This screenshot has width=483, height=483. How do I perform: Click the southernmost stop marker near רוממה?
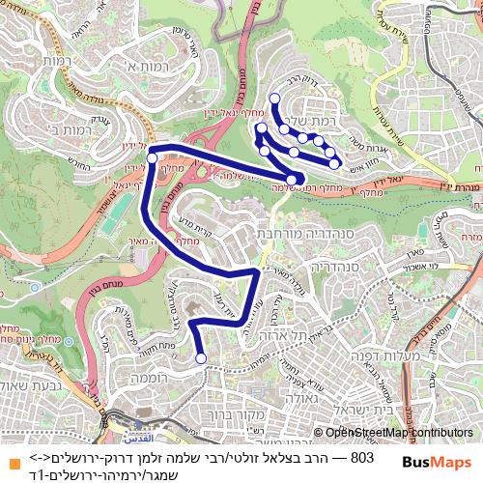click(x=201, y=358)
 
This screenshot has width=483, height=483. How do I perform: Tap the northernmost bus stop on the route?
click(x=274, y=98)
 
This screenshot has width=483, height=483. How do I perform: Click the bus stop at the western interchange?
click(x=152, y=157)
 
